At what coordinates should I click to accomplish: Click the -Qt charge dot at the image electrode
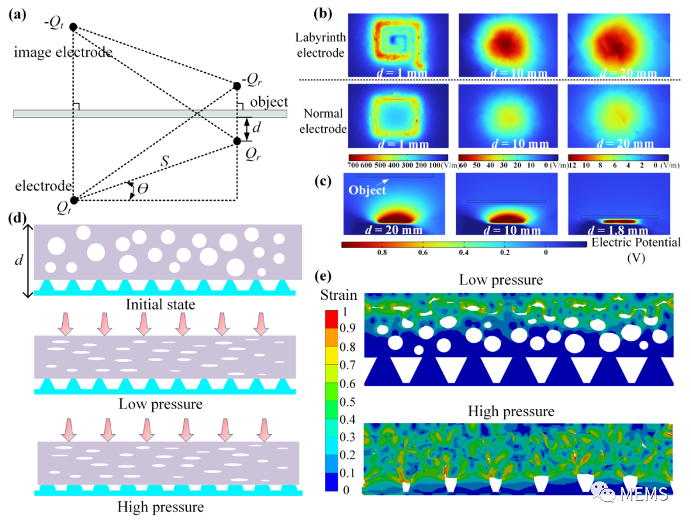click(x=73, y=27)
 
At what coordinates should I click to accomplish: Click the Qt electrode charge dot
click(x=74, y=200)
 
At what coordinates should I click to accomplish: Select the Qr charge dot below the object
click(x=237, y=141)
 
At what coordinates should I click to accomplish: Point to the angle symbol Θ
click(x=141, y=188)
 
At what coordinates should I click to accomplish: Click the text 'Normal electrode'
click(x=324, y=121)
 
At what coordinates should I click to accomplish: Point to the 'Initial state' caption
click(x=166, y=305)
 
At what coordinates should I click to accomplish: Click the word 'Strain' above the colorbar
click(x=339, y=295)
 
